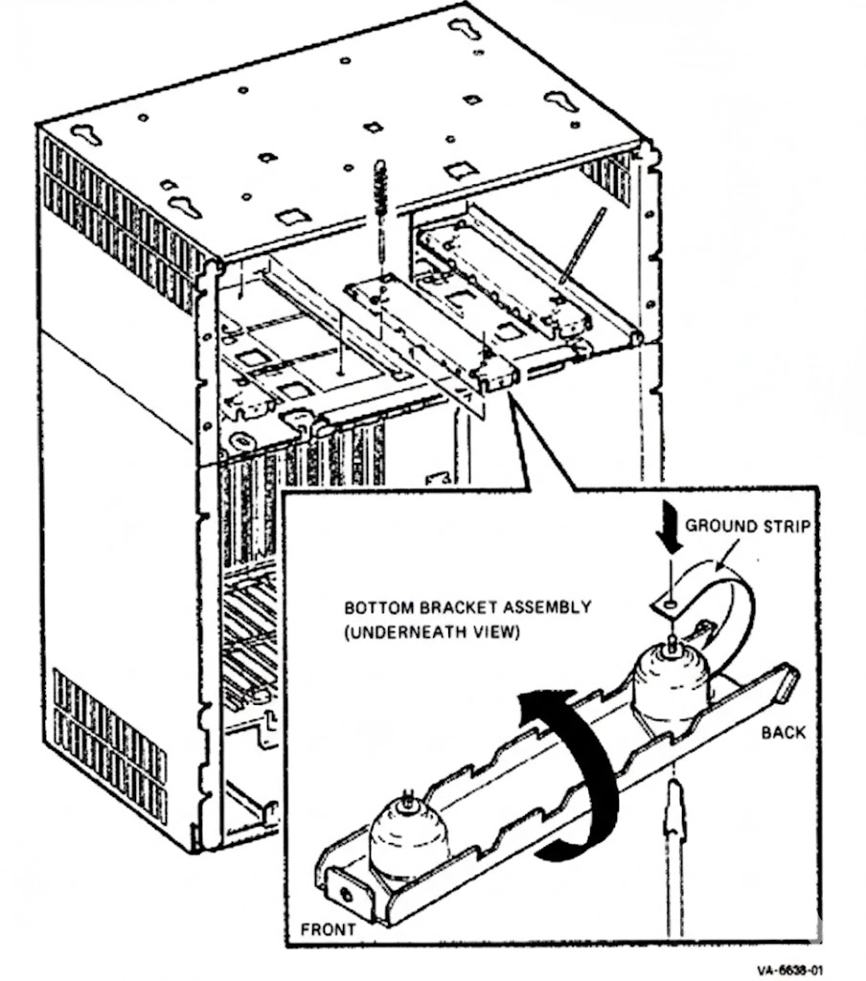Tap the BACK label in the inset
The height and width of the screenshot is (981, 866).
[x=784, y=733]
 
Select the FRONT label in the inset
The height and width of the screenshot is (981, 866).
[x=328, y=928]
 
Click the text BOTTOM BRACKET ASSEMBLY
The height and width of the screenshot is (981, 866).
[x=467, y=606]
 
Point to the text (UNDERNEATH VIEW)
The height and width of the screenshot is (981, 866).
[x=431, y=633]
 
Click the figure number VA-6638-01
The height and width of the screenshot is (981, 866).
[x=789, y=969]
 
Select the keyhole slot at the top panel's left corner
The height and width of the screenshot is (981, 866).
[x=85, y=134]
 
